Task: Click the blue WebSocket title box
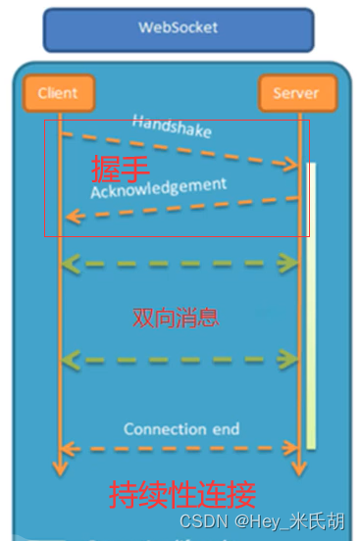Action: [179, 29]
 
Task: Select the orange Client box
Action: [58, 93]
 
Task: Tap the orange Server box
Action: [297, 93]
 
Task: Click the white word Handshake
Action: [172, 125]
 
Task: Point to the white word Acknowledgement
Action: [159, 186]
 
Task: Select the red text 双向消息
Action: [176, 318]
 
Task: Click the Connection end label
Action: [181, 429]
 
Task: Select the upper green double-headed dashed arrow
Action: [180, 263]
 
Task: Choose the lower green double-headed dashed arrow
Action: [180, 361]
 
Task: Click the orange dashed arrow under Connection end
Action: [180, 448]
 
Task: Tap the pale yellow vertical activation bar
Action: [311, 304]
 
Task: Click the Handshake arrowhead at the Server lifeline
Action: [290, 168]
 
